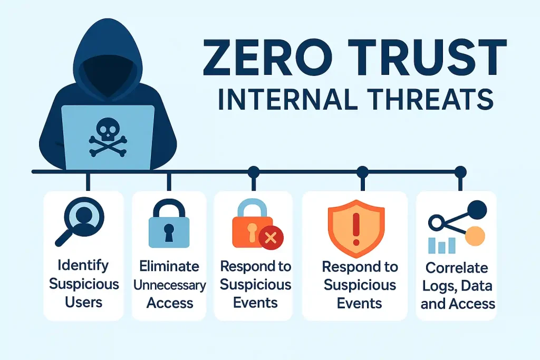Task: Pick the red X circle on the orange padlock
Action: point(271,238)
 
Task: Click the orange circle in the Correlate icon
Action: point(475,236)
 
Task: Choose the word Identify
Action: point(84,266)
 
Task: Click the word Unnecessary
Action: point(169,285)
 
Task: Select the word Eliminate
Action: point(170,266)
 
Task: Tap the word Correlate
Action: point(457,267)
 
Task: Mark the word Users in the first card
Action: point(84,303)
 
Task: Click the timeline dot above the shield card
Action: point(362,171)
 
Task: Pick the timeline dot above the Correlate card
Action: point(460,171)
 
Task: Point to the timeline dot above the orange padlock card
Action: point(254,171)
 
